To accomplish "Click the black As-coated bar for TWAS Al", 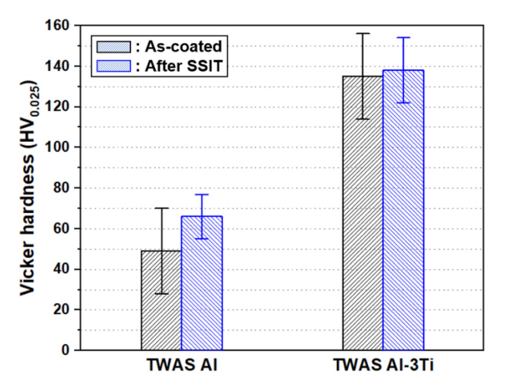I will (161, 300).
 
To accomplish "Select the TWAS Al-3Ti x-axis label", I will (382, 365).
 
